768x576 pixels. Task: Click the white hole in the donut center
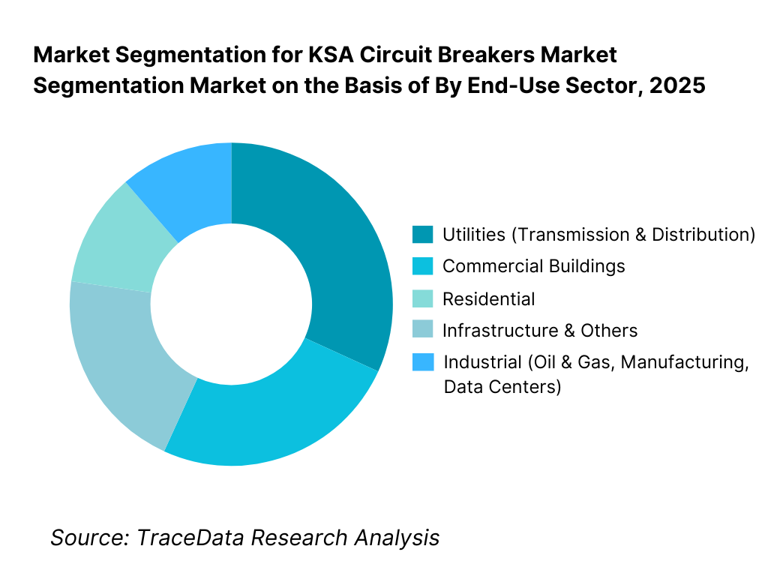231,304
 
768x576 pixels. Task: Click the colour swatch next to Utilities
422,235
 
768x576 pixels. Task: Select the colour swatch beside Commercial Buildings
422,266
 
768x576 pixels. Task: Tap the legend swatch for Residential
422,298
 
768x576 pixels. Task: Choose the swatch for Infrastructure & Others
422,331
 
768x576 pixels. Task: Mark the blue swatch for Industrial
422,362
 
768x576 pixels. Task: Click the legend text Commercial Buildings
533,266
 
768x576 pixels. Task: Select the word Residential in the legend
488,299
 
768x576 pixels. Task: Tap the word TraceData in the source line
191,537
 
